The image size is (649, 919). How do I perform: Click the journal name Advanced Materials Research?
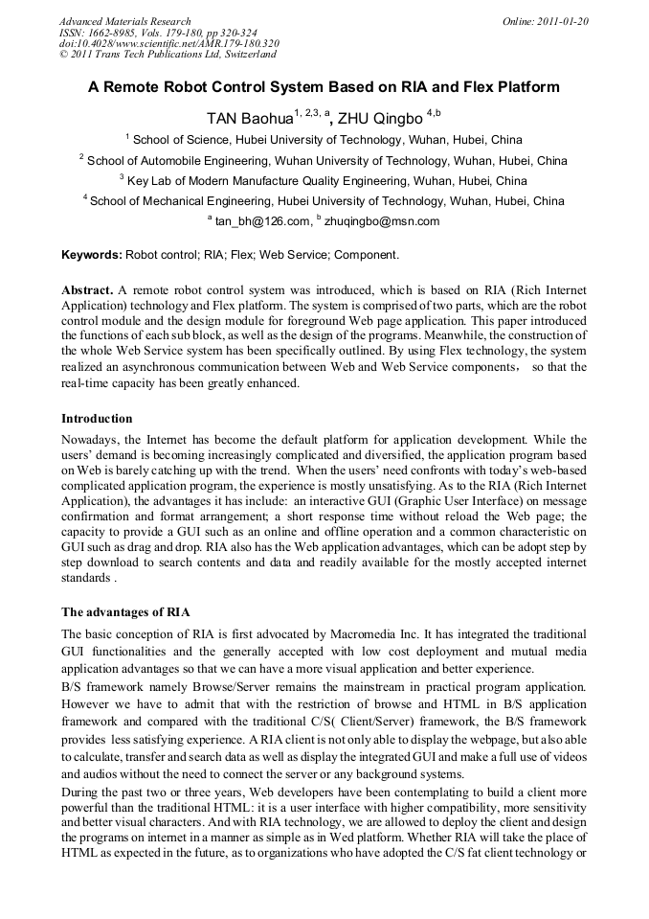click(x=124, y=21)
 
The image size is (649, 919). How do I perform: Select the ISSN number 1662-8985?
click(x=120, y=33)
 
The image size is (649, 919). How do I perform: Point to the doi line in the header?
click(x=169, y=44)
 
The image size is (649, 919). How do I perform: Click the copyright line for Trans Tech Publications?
click(x=168, y=55)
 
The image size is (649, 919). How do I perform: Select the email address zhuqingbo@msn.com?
click(x=382, y=221)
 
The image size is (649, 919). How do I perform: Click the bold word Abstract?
click(x=87, y=289)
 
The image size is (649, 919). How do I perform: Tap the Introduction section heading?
click(x=97, y=419)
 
